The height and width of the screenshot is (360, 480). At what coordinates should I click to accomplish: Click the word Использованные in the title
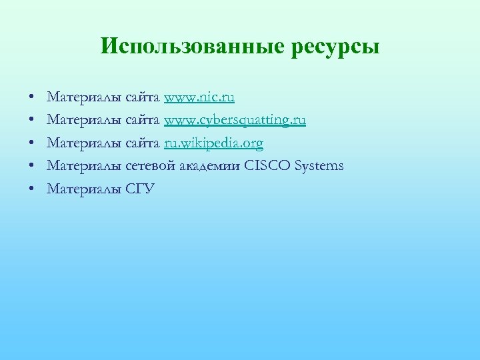pyautogui.click(x=193, y=47)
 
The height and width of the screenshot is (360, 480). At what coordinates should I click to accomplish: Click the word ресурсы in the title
pyautogui.click(x=335, y=48)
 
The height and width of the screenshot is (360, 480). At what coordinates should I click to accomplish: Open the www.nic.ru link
pyautogui.click(x=199, y=98)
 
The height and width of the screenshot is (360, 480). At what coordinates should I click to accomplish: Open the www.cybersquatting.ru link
pyautogui.click(x=235, y=121)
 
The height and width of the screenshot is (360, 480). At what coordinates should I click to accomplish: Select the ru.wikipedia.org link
pyautogui.click(x=213, y=144)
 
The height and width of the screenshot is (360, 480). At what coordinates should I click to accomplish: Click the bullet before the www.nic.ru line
pyautogui.click(x=32, y=99)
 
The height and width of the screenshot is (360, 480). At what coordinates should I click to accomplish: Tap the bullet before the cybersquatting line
pyautogui.click(x=32, y=121)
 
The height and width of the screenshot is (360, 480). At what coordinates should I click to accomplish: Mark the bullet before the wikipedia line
pyautogui.click(x=32, y=144)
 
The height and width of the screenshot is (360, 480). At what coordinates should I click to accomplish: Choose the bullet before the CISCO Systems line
pyautogui.click(x=32, y=167)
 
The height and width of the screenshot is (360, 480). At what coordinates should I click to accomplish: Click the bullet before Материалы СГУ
pyautogui.click(x=32, y=189)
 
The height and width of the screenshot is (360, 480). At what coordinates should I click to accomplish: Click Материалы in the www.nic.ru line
pyautogui.click(x=84, y=98)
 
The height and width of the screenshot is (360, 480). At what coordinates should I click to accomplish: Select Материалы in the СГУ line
pyautogui.click(x=84, y=189)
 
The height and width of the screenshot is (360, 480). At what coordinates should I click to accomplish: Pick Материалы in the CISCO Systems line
pyautogui.click(x=84, y=166)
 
